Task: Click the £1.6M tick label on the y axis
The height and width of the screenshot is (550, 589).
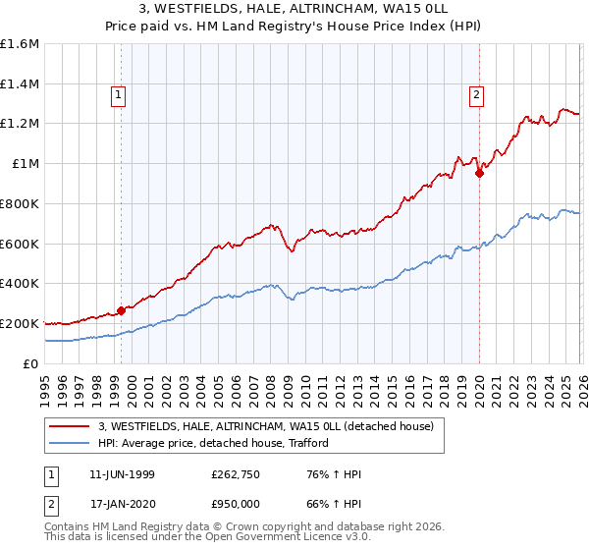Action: click(20, 44)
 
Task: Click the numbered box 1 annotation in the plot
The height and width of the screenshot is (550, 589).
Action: click(118, 95)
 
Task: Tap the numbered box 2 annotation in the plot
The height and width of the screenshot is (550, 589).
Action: click(476, 95)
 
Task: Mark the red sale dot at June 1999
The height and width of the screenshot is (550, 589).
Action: click(121, 310)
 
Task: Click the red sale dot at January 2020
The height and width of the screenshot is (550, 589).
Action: click(479, 174)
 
